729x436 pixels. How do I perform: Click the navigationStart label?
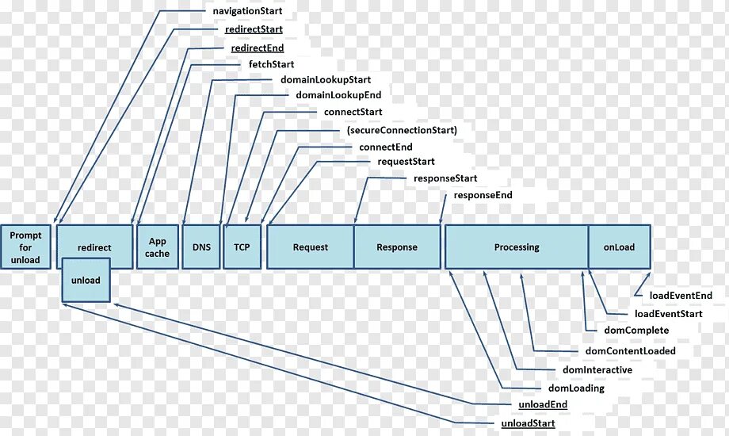(x=248, y=12)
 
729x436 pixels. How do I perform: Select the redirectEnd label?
(x=257, y=48)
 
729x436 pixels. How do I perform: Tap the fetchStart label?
(x=271, y=64)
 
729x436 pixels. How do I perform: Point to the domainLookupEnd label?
(x=338, y=95)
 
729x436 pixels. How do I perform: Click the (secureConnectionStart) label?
(x=402, y=130)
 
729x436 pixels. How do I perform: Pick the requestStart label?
(x=406, y=162)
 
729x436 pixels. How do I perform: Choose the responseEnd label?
(x=483, y=195)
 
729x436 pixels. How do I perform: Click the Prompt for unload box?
(x=25, y=247)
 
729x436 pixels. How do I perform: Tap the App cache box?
(x=157, y=247)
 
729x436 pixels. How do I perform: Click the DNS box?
(x=201, y=247)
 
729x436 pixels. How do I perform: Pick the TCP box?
(x=242, y=247)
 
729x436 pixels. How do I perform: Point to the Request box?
(x=310, y=247)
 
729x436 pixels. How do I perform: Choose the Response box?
(x=397, y=247)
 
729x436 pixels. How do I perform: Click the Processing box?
(x=516, y=247)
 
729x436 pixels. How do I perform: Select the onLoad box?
(x=619, y=247)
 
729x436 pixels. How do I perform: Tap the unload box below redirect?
(x=86, y=281)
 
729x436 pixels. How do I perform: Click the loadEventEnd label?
(x=681, y=296)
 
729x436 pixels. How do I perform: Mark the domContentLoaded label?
(x=630, y=351)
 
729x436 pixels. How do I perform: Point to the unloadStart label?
(x=528, y=424)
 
